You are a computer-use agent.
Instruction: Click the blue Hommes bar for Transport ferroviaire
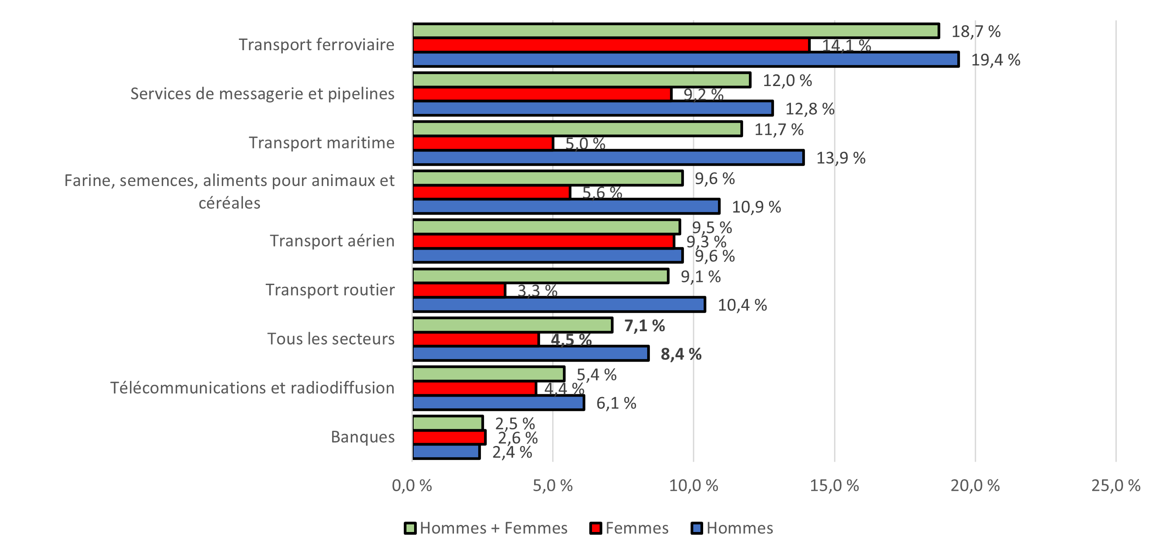click(686, 60)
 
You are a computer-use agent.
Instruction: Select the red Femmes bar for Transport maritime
click(483, 143)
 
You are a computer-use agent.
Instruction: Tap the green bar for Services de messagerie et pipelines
click(581, 80)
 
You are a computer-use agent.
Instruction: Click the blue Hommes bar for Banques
click(446, 452)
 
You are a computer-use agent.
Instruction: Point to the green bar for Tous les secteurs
click(512, 325)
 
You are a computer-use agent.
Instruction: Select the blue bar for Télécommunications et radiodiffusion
click(498, 403)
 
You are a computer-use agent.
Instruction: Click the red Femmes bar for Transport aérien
click(543, 242)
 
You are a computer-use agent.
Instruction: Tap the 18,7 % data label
click(976, 31)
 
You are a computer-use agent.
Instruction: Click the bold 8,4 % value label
click(681, 354)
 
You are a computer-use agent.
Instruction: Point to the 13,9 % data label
click(841, 158)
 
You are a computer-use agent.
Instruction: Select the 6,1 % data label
click(616, 403)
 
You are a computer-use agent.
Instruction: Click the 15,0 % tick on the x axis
click(834, 486)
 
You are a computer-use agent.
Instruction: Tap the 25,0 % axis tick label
click(1115, 486)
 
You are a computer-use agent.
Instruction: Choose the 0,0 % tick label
click(412, 486)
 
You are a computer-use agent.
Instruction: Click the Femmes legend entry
click(630, 528)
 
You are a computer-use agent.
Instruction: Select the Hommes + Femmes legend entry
click(486, 528)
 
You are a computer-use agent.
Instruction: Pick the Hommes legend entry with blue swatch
click(732, 528)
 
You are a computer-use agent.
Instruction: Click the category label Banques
click(362, 437)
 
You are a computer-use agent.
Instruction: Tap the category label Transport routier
click(329, 290)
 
